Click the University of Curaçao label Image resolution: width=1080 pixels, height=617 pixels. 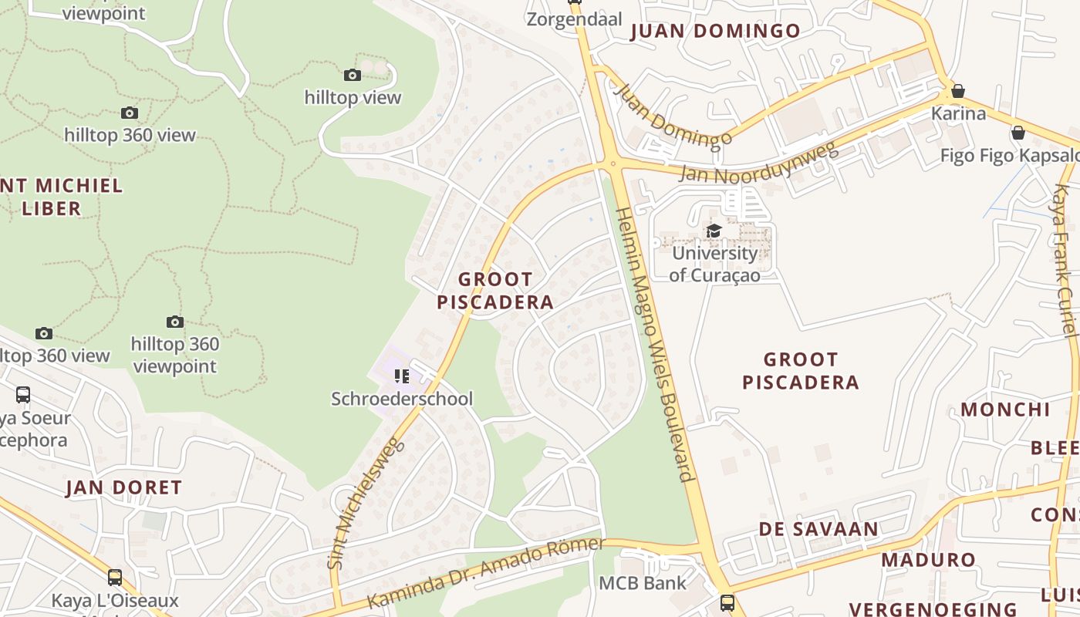tap(714, 264)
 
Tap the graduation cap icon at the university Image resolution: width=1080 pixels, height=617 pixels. tap(714, 231)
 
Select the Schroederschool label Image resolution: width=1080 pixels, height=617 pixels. tap(402, 399)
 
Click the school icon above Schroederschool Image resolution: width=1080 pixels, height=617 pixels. tap(402, 376)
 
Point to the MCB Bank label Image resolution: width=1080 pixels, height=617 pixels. tap(643, 582)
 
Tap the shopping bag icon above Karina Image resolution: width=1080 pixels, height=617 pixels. tap(958, 91)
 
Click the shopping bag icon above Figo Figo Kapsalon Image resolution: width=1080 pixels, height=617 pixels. tap(1018, 133)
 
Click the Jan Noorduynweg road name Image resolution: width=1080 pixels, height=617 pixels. tap(759, 161)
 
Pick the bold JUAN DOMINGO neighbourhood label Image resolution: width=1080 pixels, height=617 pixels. tap(716, 32)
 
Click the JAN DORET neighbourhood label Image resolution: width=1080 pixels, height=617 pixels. tap(123, 487)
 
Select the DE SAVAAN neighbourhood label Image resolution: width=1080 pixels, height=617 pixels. tap(818, 529)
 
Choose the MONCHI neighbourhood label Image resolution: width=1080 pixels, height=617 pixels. tap(1004, 409)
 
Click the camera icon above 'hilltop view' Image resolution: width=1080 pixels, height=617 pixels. tap(353, 75)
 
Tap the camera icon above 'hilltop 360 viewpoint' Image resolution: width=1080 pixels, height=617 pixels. tap(175, 322)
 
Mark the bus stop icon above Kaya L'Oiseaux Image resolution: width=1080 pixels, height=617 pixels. tap(115, 577)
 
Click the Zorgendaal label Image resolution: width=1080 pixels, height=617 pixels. tap(574, 19)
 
